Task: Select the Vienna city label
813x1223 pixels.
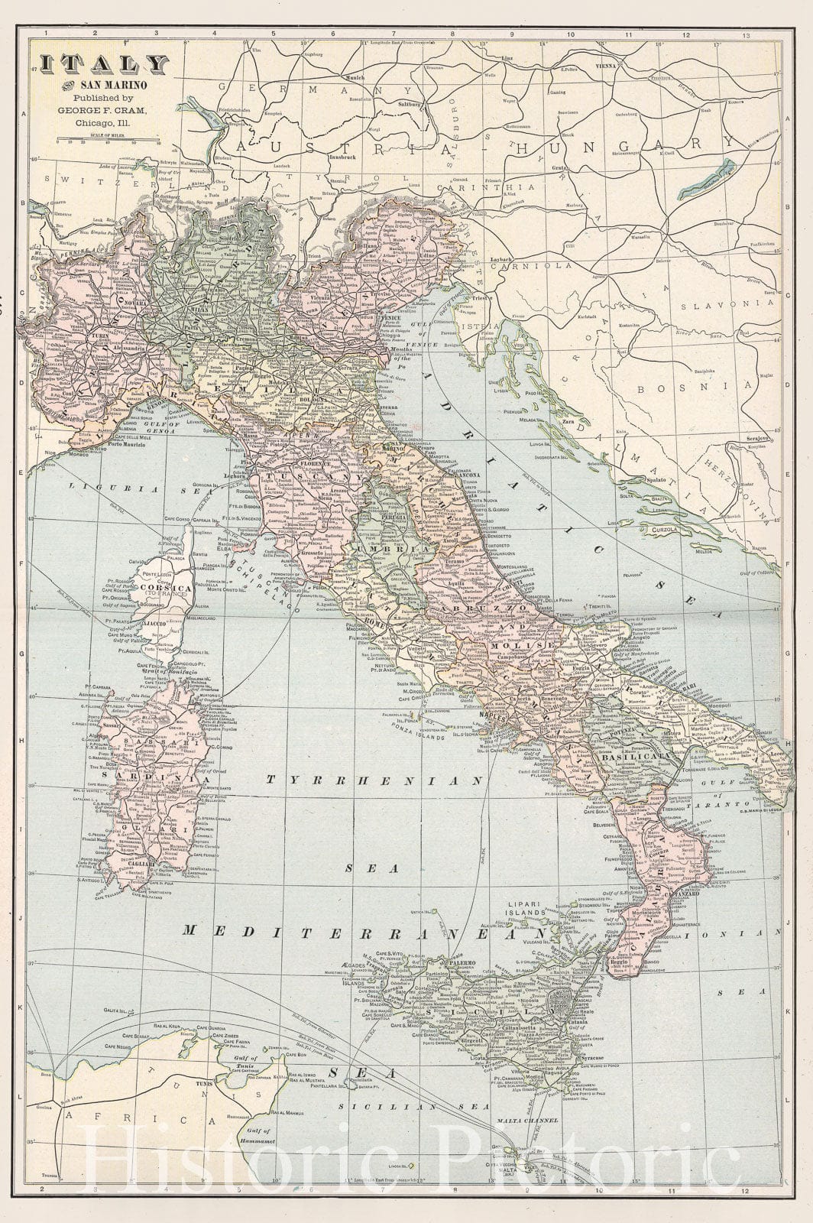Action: click(601, 67)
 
